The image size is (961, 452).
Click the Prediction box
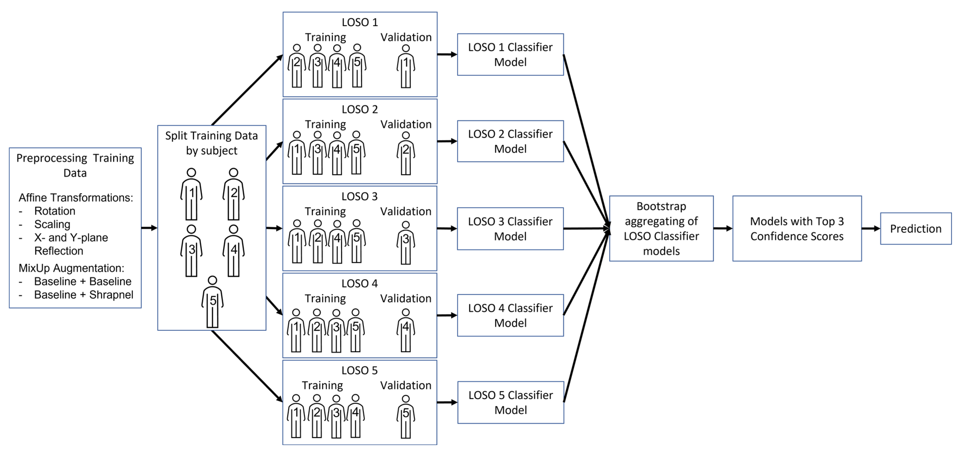[916, 228]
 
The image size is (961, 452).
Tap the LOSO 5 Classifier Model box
[510, 402]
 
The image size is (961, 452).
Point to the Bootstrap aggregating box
[661, 228]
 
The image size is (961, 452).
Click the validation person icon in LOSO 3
[406, 243]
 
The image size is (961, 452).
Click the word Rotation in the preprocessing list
[55, 211]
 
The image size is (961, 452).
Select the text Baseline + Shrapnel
[83, 295]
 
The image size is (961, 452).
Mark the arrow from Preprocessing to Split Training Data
[149, 228]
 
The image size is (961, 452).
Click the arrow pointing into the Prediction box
[871, 228]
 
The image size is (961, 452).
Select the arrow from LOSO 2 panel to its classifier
[447, 141]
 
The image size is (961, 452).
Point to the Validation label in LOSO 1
[406, 37]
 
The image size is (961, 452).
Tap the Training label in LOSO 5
[322, 385]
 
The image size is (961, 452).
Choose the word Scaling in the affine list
[52, 224]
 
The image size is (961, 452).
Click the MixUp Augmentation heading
[71, 268]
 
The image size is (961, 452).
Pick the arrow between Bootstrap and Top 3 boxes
[723, 228]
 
